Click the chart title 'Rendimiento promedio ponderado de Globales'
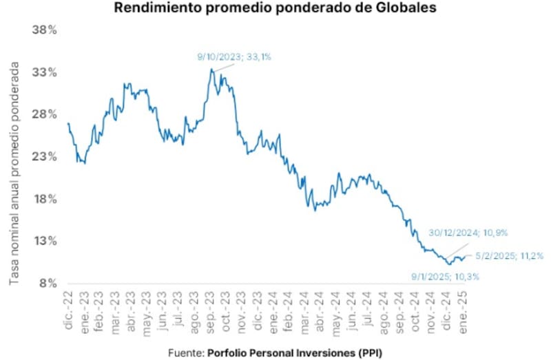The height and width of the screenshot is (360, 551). (275, 8)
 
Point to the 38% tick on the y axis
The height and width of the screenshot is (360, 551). (45, 30)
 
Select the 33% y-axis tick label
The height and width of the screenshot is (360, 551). (45, 72)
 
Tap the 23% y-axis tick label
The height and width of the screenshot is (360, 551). (45, 157)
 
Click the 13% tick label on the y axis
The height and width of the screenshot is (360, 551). (45, 241)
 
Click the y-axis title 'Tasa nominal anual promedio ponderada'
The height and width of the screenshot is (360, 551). (14, 173)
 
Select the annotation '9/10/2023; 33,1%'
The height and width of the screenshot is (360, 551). (234, 57)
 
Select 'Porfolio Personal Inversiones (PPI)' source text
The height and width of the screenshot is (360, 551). (294, 352)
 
